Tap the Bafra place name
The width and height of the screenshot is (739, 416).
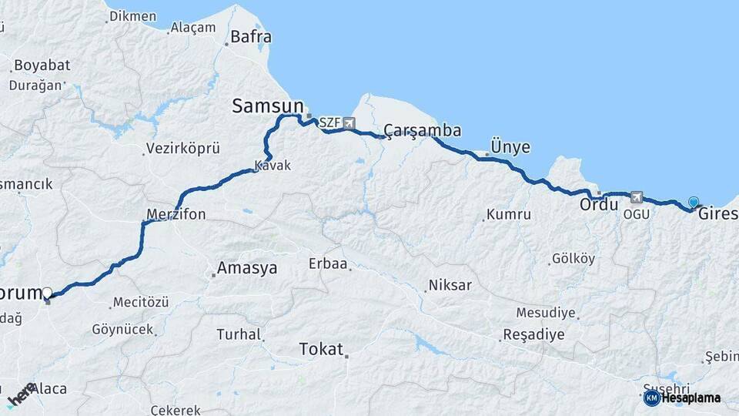250,36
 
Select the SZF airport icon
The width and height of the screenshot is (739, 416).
349,123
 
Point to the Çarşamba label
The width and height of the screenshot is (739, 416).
422,130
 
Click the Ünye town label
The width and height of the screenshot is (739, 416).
510,147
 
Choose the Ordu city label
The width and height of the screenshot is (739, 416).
598,206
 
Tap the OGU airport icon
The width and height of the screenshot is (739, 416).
636,197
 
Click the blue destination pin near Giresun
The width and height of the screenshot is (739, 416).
694,203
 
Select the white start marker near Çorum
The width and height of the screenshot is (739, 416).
48,294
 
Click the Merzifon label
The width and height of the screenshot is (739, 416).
176,214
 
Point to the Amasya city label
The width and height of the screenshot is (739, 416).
246,268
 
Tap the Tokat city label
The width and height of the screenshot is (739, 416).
321,349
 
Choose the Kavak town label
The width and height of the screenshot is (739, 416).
273,166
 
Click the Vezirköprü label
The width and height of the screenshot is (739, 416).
183,149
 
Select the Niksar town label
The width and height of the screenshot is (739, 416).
450,285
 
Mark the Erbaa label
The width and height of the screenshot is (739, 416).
328,264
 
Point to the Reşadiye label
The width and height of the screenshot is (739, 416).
533,335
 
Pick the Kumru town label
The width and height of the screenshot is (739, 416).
509,215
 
